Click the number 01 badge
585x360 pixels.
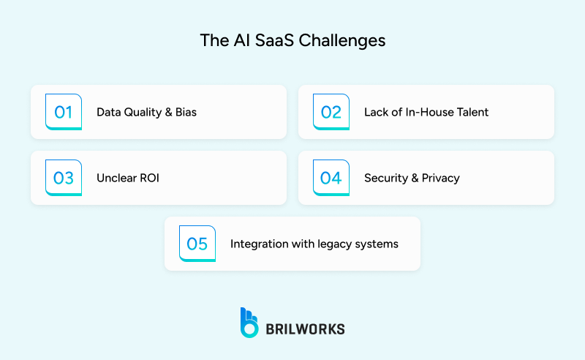pos(64,112)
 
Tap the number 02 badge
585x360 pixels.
pos(331,112)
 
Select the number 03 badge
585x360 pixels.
pos(64,178)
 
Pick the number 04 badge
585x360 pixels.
pos(331,178)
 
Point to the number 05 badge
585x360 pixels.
pos(197,244)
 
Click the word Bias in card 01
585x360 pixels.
pos(185,113)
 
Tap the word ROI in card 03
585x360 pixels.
pos(149,178)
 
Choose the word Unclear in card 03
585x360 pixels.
pos(116,178)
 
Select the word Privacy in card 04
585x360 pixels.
pos(440,178)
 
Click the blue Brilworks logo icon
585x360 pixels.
pos(249,323)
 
